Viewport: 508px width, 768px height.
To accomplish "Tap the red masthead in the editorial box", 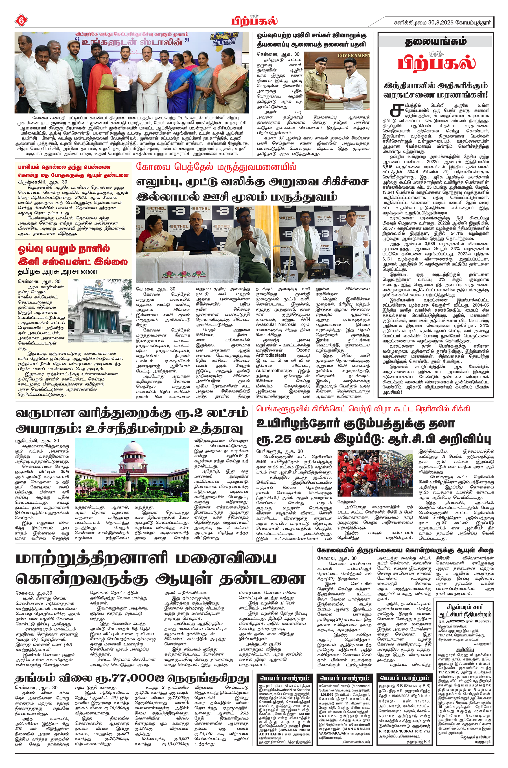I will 437,63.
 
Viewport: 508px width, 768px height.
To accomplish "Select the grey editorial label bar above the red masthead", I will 436,42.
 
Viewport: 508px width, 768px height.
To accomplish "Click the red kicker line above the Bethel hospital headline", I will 216,167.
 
